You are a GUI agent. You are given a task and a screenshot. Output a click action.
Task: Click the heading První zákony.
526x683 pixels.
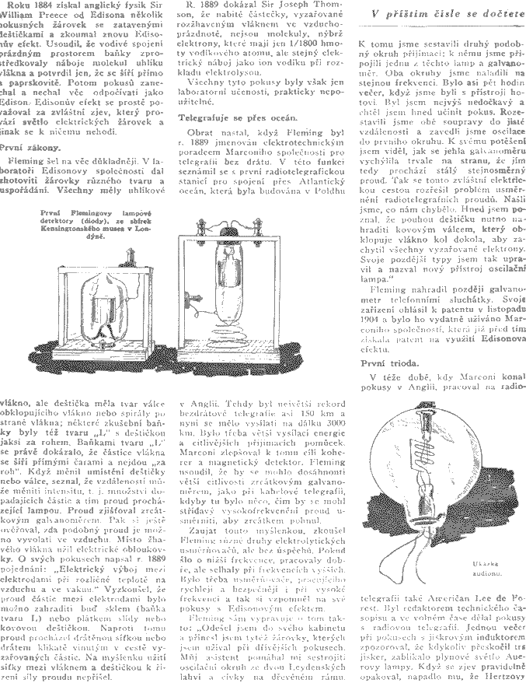pos(33,145)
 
